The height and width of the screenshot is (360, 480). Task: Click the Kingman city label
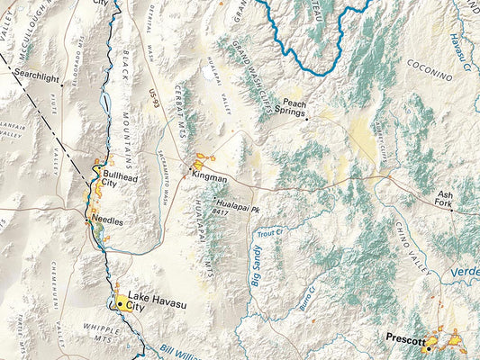pyautogui.click(x=210, y=178)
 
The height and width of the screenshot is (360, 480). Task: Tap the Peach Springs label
pyautogui.click(x=295, y=108)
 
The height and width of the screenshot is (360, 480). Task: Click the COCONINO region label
pyautogui.click(x=429, y=65)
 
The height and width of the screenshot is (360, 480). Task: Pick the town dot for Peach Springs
pyautogui.click(x=306, y=118)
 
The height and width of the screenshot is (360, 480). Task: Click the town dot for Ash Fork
pyautogui.click(x=453, y=211)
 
